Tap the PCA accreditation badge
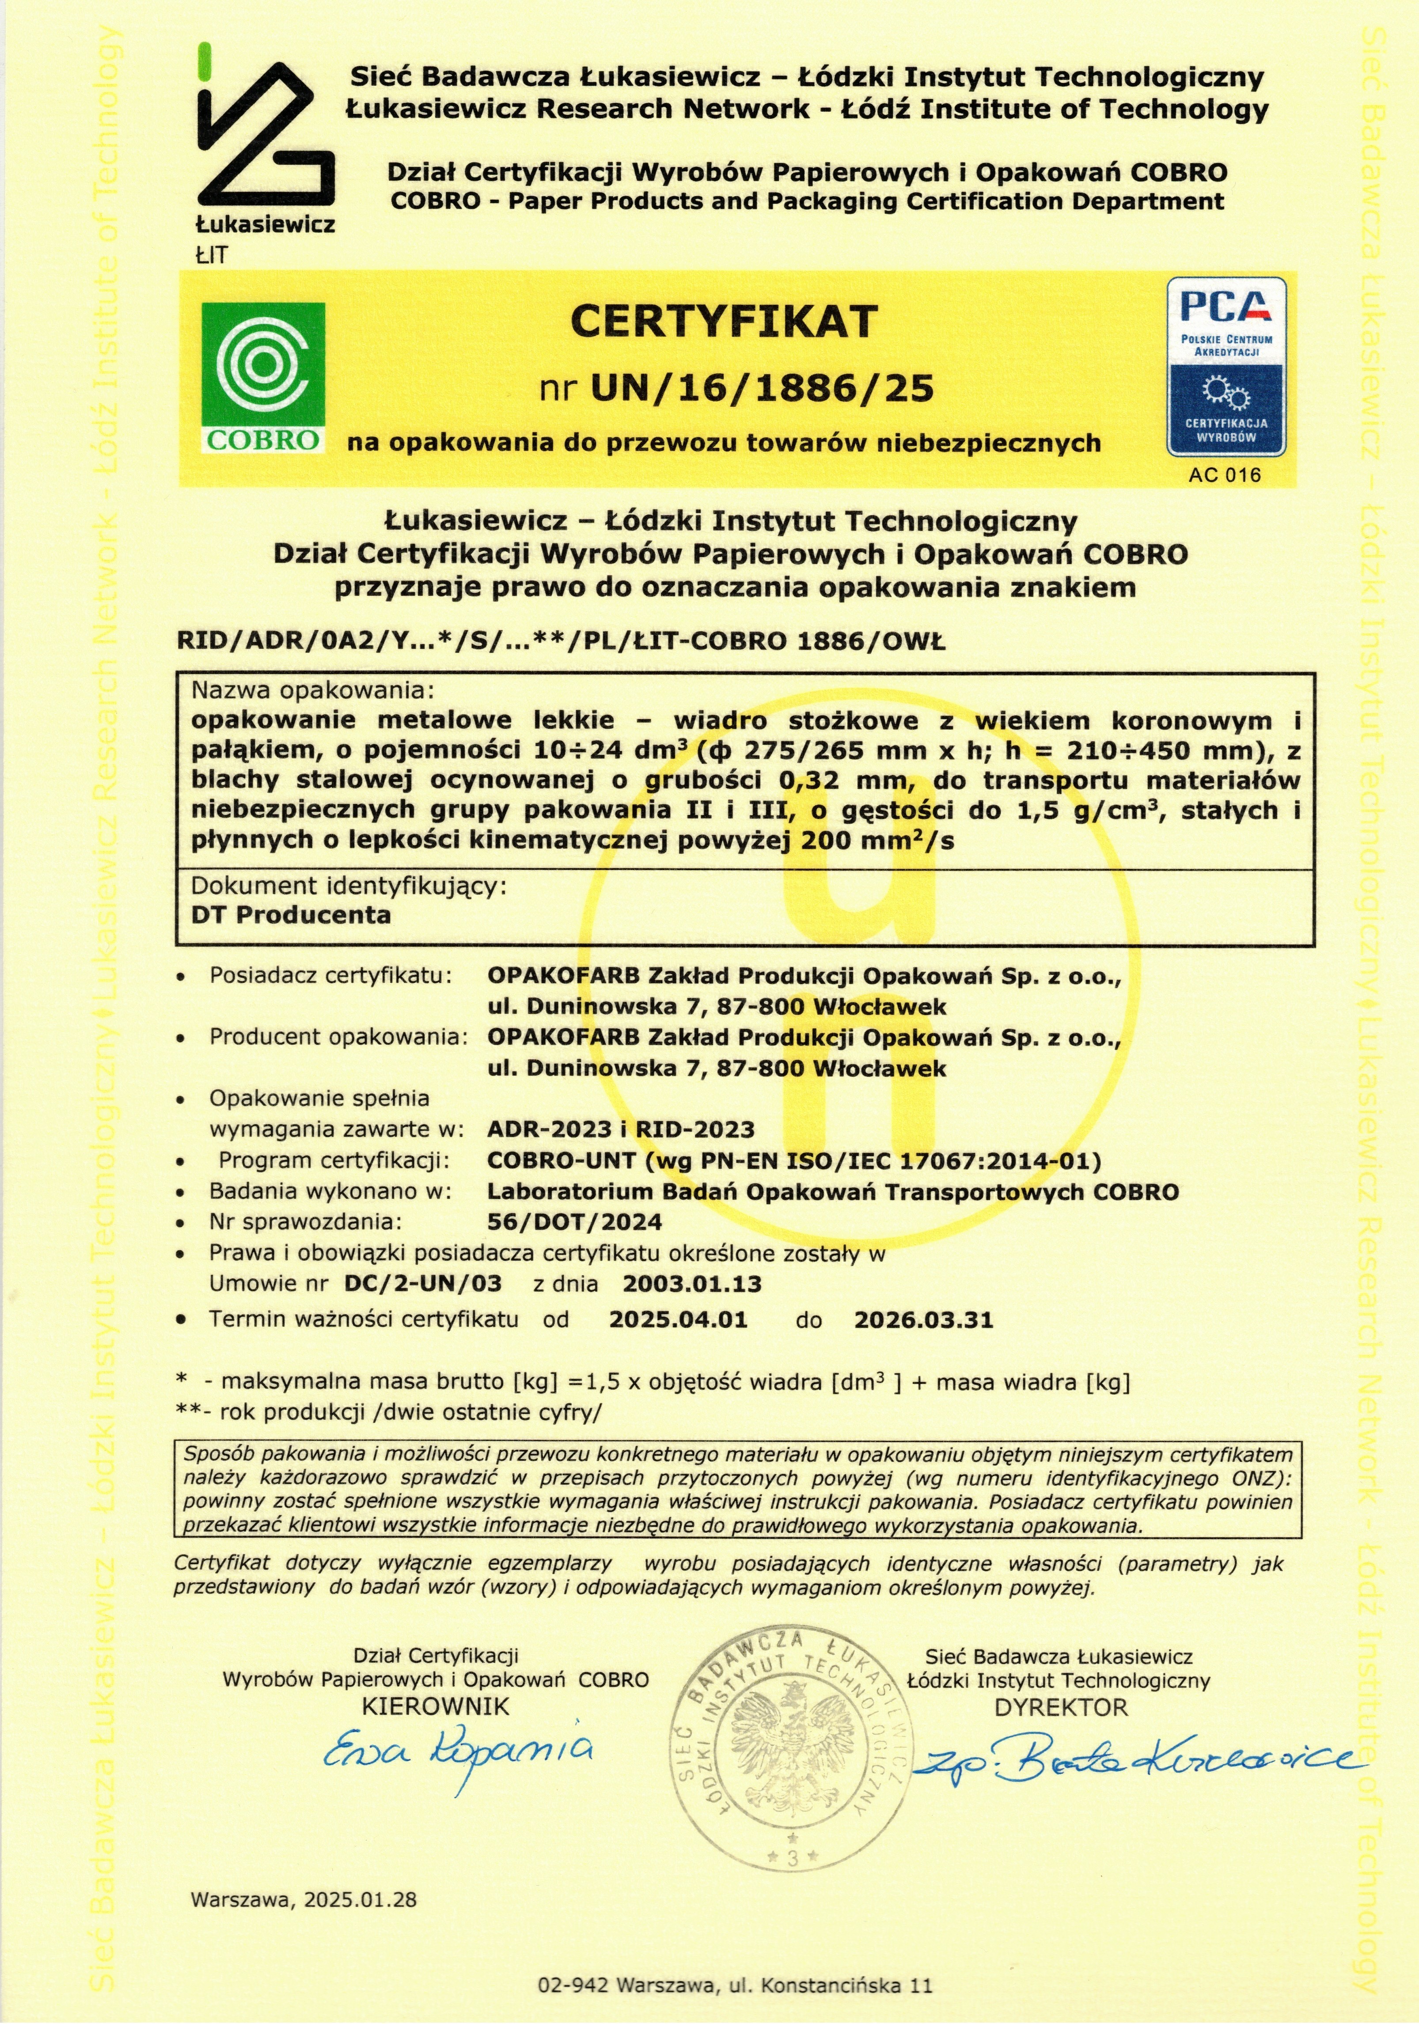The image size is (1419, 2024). coord(1226,367)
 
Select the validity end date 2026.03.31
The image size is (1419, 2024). coord(924,1319)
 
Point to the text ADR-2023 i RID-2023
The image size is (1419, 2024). coord(621,1129)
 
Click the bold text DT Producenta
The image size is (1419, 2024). coord(291,914)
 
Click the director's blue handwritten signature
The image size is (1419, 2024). coord(1137,1759)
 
